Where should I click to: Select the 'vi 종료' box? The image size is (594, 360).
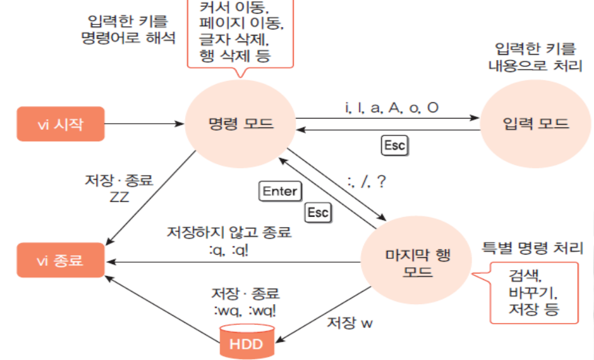[x=60, y=260]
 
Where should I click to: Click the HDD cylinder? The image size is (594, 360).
[x=247, y=342]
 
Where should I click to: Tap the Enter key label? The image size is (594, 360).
[x=280, y=191]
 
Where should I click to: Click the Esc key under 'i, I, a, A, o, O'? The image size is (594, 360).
[x=395, y=146]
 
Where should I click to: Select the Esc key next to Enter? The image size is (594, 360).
[x=317, y=213]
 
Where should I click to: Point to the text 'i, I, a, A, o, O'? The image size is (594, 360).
[x=391, y=108]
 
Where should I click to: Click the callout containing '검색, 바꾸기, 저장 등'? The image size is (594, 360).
[x=533, y=292]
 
